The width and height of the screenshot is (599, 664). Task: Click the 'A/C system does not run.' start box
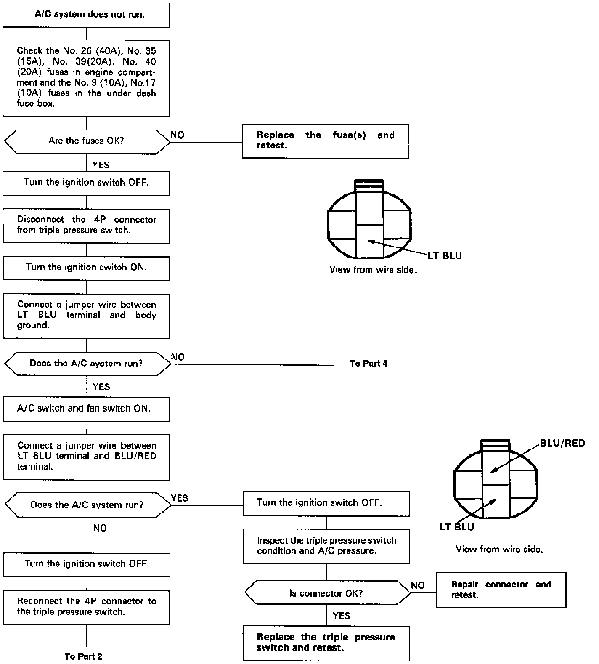pyautogui.click(x=86, y=15)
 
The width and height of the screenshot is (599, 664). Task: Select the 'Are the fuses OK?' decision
pyautogui.click(x=86, y=141)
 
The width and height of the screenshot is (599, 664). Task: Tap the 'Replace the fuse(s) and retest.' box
pyautogui.click(x=325, y=141)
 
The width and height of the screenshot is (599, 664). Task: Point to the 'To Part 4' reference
pyautogui.click(x=368, y=364)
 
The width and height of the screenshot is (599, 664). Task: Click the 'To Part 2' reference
pyautogui.click(x=83, y=656)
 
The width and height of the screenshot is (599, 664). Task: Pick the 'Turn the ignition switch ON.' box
pyautogui.click(x=86, y=268)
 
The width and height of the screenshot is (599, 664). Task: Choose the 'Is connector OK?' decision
pyautogui.click(x=326, y=593)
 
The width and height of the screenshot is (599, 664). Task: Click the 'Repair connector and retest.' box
pyautogui.click(x=501, y=590)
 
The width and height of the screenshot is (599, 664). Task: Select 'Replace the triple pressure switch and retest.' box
pyautogui.click(x=326, y=643)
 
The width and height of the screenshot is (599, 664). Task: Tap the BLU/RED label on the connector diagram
pyautogui.click(x=562, y=443)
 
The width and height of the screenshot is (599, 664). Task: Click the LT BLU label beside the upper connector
pyautogui.click(x=445, y=256)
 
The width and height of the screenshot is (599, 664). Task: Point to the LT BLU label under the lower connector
pyautogui.click(x=456, y=527)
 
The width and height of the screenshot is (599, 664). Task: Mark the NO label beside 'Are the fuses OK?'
pyautogui.click(x=177, y=135)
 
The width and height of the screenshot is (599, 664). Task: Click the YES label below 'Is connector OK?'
pyautogui.click(x=341, y=616)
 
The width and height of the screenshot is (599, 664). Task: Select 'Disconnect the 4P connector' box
pyautogui.click(x=86, y=225)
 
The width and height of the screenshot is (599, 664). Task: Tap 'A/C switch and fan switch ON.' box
pyautogui.click(x=86, y=409)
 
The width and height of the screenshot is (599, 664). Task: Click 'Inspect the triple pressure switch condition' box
pyautogui.click(x=326, y=545)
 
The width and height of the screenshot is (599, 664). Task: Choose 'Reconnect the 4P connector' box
pyautogui.click(x=86, y=607)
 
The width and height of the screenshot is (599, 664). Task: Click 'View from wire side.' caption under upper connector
pyautogui.click(x=373, y=270)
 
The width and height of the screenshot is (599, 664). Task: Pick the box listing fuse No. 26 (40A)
pyautogui.click(x=86, y=77)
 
